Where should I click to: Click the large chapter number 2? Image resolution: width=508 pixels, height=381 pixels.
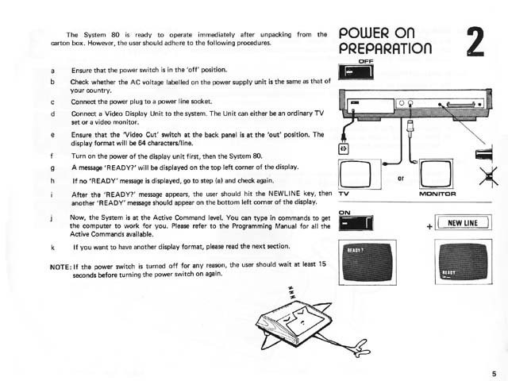[x=475, y=41]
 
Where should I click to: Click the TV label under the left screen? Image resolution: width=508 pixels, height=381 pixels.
[x=344, y=193]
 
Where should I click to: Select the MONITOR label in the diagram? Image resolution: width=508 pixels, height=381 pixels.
[x=435, y=193]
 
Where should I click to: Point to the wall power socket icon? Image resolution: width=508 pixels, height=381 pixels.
[x=344, y=148]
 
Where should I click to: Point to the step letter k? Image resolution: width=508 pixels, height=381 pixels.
[x=52, y=248]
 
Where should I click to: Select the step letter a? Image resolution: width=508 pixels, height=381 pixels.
[x=52, y=71]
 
